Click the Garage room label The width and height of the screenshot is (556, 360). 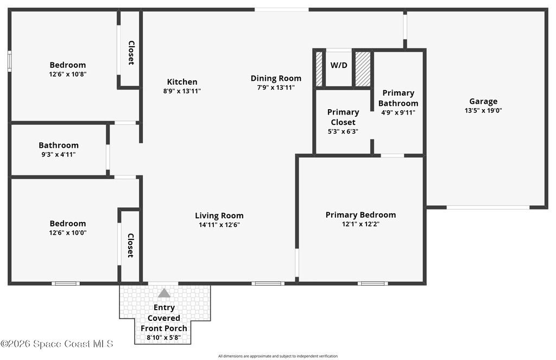click(483, 102)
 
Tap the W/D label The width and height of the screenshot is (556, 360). click(339, 65)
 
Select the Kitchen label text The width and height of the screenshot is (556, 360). click(182, 81)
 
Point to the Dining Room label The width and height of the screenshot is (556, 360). click(276, 78)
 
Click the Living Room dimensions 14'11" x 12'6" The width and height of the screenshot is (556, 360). click(219, 224)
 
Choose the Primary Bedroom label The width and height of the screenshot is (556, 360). click(361, 215)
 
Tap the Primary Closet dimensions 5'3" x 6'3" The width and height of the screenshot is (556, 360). click(343, 131)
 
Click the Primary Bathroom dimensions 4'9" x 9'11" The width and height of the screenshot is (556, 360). click(398, 112)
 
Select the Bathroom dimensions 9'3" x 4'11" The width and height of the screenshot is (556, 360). click(59, 154)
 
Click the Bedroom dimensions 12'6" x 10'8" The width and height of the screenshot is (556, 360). click(68, 74)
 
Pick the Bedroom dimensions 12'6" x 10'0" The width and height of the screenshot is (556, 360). click(68, 233)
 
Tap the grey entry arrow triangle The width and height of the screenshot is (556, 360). click(164, 293)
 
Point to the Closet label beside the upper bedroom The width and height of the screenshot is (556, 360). click(131, 53)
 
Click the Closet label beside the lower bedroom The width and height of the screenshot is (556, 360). click(130, 245)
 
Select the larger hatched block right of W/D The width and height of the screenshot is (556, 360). click(363, 69)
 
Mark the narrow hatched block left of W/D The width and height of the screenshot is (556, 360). click(319, 69)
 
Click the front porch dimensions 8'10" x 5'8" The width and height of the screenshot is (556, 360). click(164, 337)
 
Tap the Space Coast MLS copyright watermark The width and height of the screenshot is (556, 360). click(56, 344)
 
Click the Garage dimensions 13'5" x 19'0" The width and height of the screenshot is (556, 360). click(483, 110)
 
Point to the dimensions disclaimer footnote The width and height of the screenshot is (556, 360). click(277, 356)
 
